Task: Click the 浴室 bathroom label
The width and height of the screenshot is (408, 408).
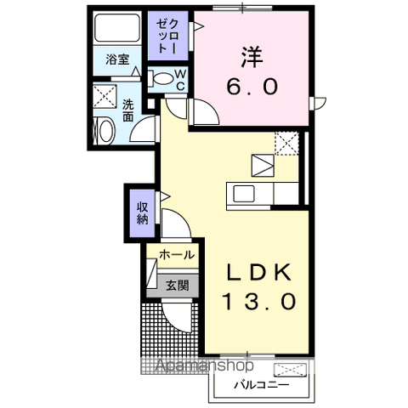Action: click(x=117, y=60)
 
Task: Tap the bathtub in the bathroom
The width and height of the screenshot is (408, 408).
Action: click(x=117, y=31)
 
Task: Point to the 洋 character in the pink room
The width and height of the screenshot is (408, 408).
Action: click(x=252, y=56)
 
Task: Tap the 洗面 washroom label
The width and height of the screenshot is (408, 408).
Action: click(x=127, y=111)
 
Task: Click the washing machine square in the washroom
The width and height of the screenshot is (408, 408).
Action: click(x=106, y=95)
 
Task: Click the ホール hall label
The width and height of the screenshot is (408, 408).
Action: click(x=177, y=254)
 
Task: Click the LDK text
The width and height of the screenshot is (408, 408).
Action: click(x=259, y=272)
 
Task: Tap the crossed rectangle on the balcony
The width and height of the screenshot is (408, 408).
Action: click(x=288, y=369)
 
